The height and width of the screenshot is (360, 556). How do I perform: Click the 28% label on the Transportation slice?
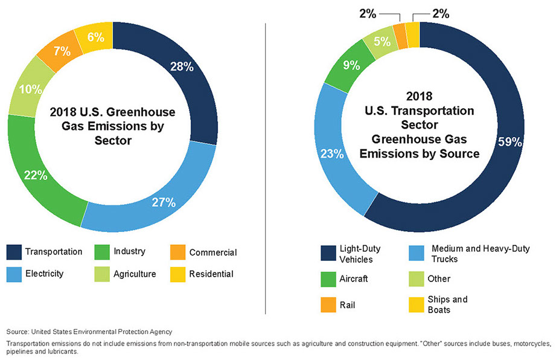[182, 66]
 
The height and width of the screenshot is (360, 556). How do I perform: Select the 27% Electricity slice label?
[164, 202]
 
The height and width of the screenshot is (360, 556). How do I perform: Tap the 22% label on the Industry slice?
[36, 175]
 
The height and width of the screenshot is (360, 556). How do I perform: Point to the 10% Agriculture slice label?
[30, 89]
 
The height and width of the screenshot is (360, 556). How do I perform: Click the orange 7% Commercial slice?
[61, 51]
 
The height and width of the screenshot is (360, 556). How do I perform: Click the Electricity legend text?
[45, 274]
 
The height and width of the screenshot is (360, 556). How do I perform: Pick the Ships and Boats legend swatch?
[416, 304]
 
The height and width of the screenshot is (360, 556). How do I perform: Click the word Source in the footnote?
[18, 332]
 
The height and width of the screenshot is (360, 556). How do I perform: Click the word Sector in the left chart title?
[112, 140]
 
